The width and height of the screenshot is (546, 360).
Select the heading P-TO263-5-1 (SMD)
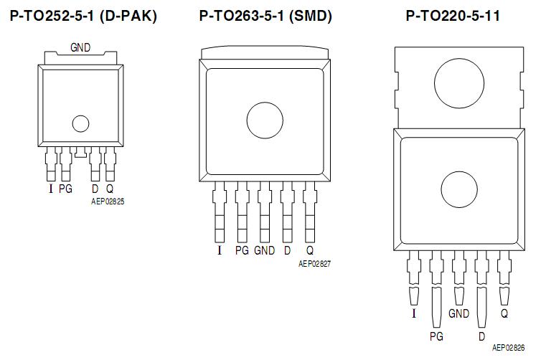pos(265,15)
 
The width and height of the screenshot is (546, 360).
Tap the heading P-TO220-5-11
pos(453,15)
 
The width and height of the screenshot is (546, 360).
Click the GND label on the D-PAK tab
pos(80,47)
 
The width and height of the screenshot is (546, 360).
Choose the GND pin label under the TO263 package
pos(264,251)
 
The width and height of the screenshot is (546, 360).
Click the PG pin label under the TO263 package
pos(242,251)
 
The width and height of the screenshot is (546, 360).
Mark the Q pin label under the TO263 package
pos(310,251)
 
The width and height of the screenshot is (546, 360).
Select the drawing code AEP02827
pos(314,264)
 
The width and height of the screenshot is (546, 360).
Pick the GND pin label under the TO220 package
pos(458,313)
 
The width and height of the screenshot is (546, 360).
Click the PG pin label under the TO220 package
pos(436,335)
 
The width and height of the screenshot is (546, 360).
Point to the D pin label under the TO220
pos(481,335)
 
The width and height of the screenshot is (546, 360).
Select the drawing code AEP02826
pos(509,347)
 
